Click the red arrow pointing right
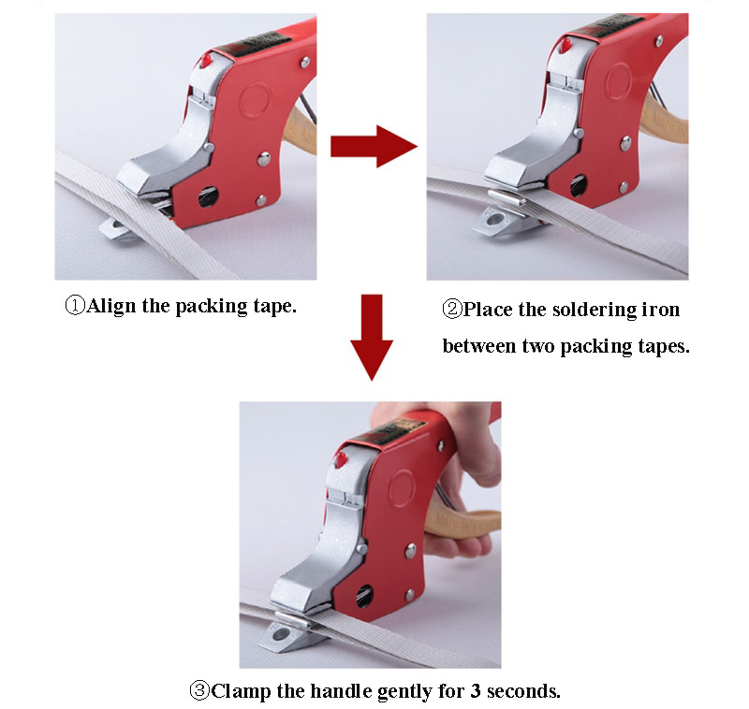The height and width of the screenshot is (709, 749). (374, 146)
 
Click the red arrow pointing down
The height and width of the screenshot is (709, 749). (372, 338)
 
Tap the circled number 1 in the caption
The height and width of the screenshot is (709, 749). (75, 305)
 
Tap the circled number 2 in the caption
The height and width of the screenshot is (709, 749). (452, 310)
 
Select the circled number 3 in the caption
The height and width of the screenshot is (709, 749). (199, 690)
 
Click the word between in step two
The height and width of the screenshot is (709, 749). (479, 346)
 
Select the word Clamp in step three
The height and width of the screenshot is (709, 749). (242, 692)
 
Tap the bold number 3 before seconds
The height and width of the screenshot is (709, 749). (475, 691)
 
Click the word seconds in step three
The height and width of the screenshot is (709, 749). (523, 691)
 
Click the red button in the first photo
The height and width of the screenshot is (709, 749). (206, 61)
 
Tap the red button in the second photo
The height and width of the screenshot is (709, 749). (565, 45)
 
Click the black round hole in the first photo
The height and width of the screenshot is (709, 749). (208, 196)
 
